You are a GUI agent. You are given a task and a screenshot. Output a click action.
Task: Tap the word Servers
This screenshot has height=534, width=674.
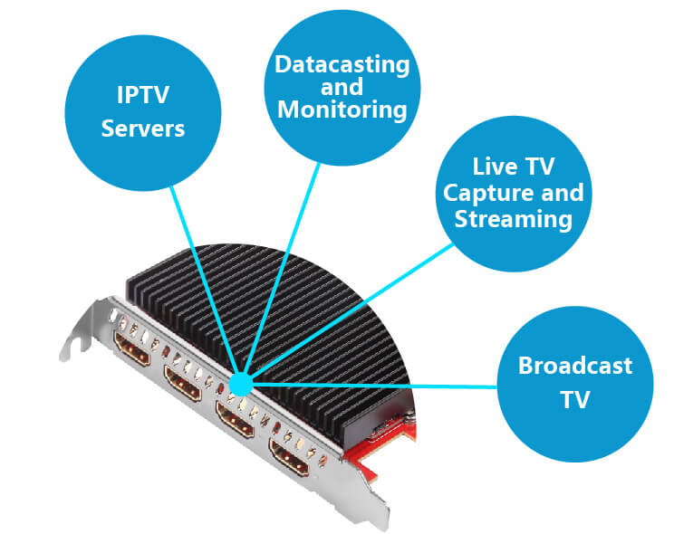(x=142, y=128)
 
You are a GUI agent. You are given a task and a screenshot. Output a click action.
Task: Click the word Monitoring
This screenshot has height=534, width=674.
(x=342, y=110)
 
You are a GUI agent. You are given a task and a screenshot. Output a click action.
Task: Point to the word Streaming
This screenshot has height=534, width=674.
(x=514, y=218)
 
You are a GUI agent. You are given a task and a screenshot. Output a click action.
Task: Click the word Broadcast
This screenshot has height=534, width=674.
(x=574, y=367)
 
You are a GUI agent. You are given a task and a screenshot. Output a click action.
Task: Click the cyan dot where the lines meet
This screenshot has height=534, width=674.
(x=240, y=385)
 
